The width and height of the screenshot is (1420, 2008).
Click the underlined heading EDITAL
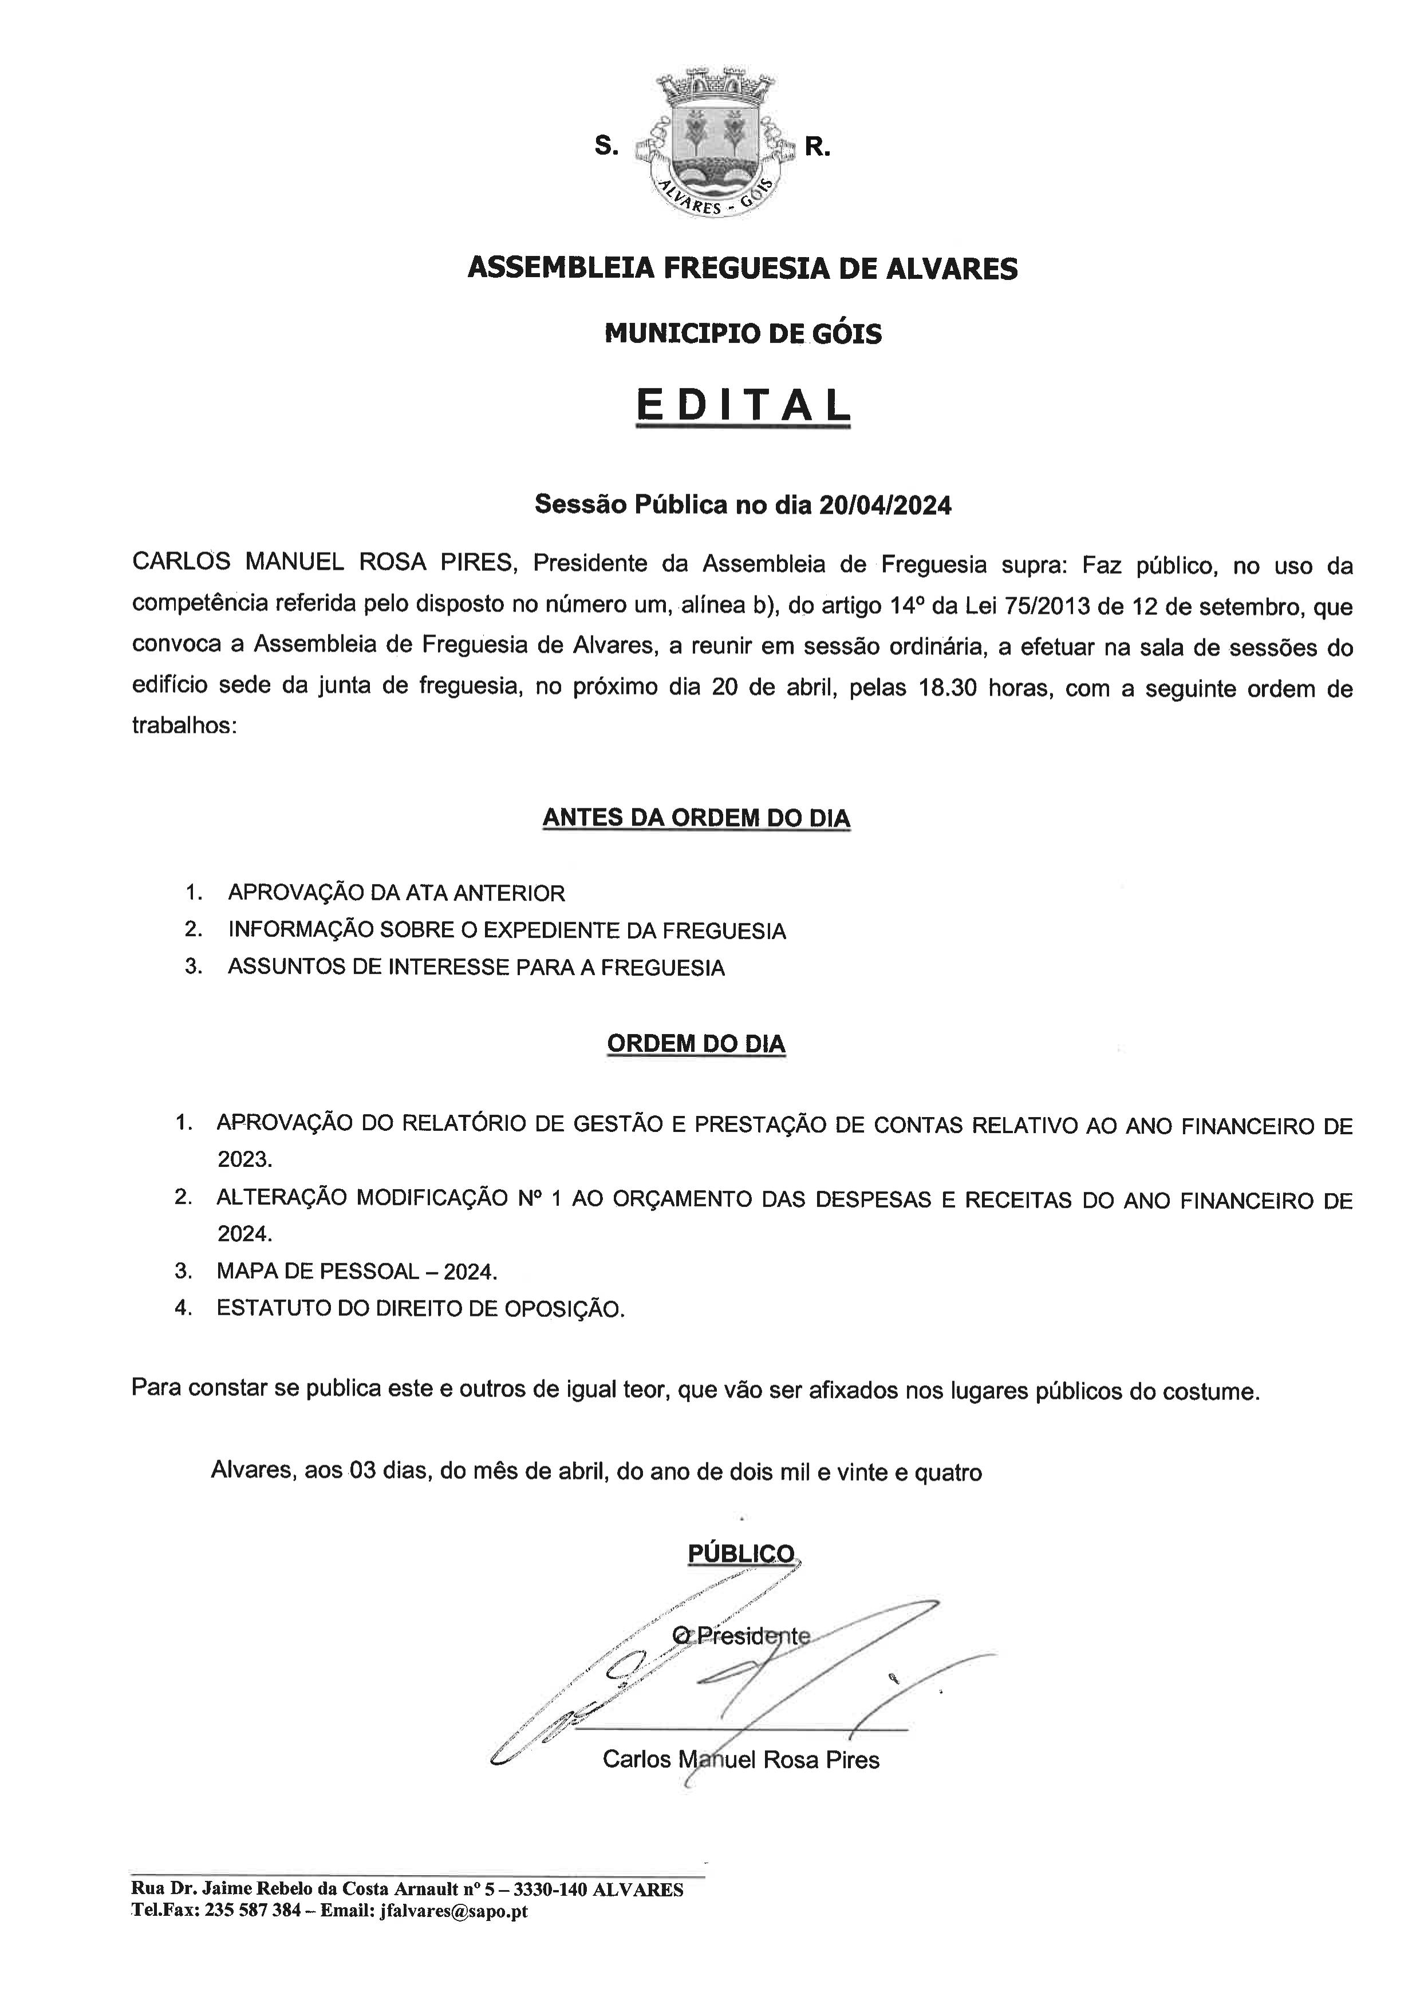[743, 405]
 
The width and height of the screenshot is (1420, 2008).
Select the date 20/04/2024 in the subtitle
[885, 506]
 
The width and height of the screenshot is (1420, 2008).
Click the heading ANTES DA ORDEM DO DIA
[696, 817]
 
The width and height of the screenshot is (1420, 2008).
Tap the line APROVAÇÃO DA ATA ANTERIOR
[396, 893]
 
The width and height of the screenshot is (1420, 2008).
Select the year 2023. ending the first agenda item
[245, 1159]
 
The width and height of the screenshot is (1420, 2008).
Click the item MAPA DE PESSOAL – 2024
[357, 1271]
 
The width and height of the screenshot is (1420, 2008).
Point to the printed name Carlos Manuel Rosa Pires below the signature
[740, 1759]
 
